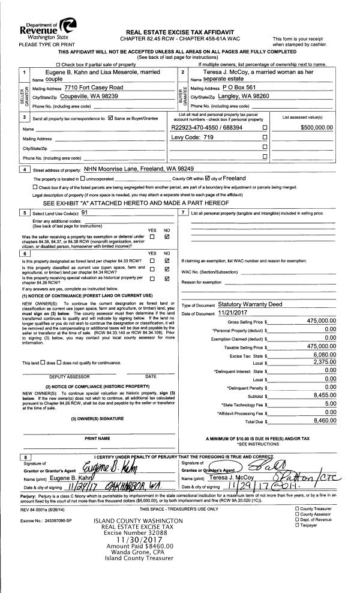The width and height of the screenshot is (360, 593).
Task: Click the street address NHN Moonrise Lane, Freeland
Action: (139, 169)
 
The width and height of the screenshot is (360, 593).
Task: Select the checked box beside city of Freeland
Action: (208, 179)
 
